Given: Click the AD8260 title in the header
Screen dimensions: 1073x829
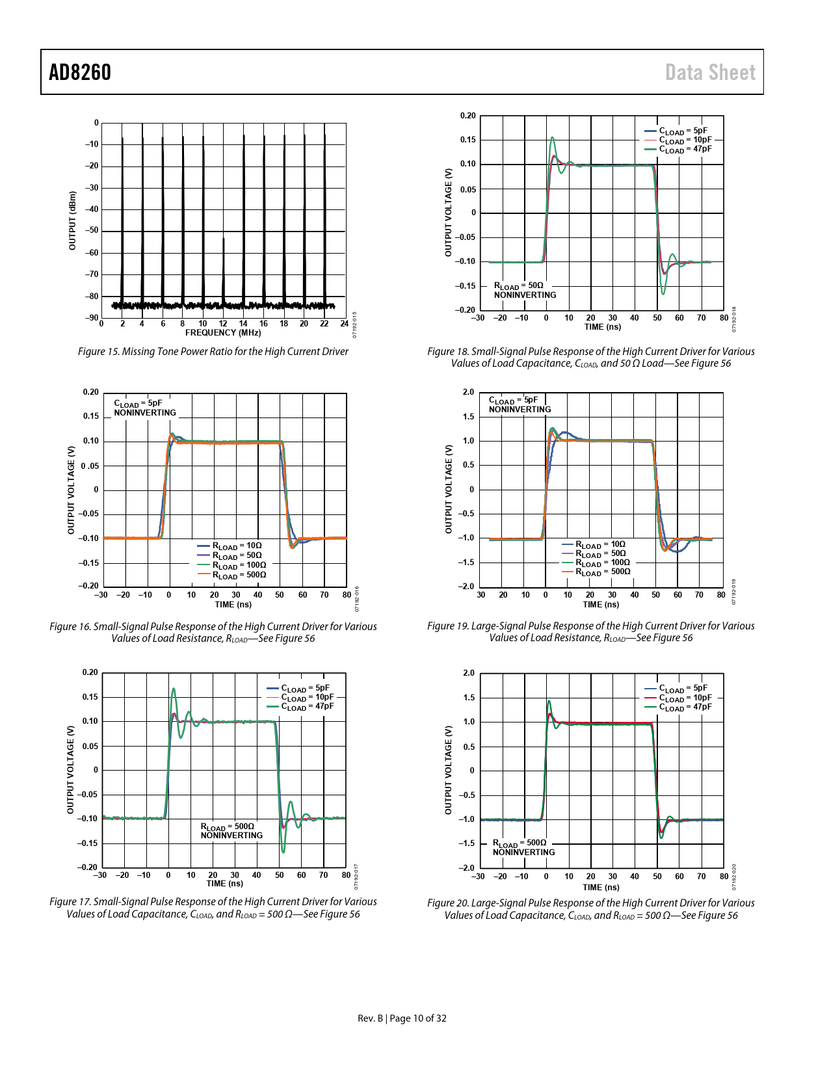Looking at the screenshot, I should (x=80, y=72).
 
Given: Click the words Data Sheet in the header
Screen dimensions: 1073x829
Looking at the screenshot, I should (x=710, y=72).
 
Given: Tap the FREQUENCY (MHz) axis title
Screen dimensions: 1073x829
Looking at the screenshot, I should (x=223, y=333).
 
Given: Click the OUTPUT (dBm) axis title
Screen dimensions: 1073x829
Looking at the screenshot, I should (x=72, y=220).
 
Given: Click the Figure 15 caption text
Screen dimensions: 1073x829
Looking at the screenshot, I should (x=213, y=352).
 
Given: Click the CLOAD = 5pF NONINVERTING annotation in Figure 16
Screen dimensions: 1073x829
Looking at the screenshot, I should (x=144, y=408).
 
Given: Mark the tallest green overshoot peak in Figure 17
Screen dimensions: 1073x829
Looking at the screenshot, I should (x=173, y=689).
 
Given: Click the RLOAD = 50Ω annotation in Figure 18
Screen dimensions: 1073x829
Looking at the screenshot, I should (x=518, y=285).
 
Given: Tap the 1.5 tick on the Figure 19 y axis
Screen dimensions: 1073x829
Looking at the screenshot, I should (x=468, y=417).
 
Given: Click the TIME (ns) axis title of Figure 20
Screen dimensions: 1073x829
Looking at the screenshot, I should (x=601, y=887).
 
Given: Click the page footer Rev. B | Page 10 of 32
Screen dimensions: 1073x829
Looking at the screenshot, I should (x=402, y=1018).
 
